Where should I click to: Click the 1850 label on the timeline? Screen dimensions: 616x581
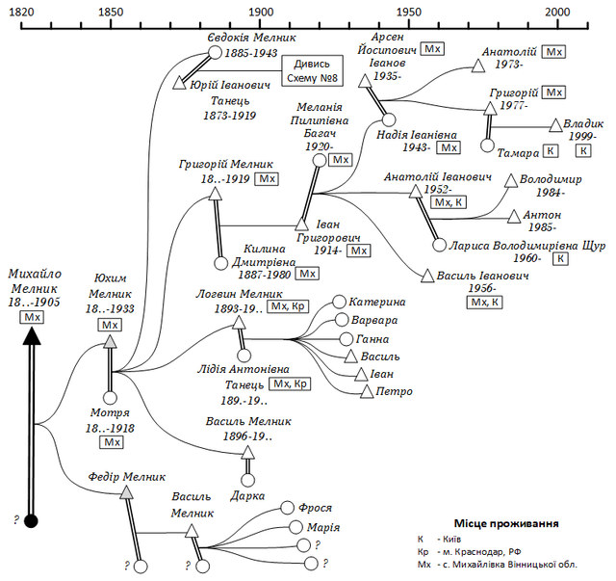[111, 13]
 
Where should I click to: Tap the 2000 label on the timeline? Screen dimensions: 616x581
[557, 13]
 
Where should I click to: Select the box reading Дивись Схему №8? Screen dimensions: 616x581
[312, 70]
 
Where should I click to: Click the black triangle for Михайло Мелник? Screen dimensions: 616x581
[32, 336]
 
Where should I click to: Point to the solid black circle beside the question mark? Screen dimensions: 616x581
[31, 521]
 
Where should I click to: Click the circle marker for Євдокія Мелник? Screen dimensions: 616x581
[215, 52]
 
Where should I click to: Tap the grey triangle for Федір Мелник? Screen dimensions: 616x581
[126, 492]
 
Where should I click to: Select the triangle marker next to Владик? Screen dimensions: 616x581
[555, 125]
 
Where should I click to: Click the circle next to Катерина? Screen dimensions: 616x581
[339, 303]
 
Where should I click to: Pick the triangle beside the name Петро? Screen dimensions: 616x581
[367, 391]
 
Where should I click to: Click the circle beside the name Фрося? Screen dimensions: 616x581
[287, 508]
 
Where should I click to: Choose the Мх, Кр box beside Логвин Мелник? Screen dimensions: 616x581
[288, 306]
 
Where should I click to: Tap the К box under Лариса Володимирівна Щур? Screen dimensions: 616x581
[560, 258]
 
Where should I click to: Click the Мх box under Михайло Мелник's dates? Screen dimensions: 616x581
[32, 317]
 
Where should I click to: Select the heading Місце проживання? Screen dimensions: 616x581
[506, 523]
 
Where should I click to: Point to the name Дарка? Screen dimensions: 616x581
[247, 496]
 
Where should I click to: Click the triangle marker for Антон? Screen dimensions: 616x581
[514, 217]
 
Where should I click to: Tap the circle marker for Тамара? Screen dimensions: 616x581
[488, 145]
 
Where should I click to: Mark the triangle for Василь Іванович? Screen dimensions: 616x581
[427, 276]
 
